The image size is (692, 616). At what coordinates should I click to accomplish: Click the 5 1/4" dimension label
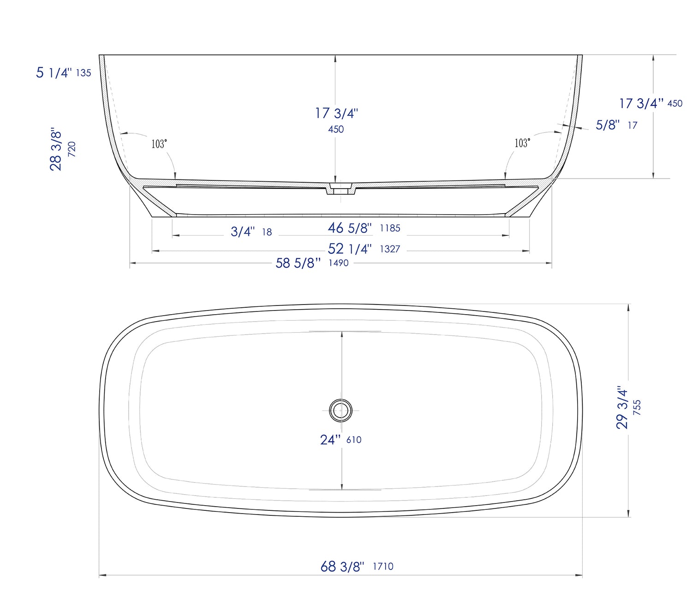[x=54, y=72]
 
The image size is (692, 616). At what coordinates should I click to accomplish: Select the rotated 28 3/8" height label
[x=55, y=149]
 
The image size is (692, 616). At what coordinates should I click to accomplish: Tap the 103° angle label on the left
[x=159, y=144]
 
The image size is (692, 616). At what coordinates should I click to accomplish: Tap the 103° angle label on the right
[x=522, y=143]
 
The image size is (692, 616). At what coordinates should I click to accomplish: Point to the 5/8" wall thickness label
[x=608, y=125]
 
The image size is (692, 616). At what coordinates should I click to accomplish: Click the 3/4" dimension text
[x=243, y=232]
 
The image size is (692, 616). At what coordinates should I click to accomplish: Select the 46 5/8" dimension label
[x=350, y=228]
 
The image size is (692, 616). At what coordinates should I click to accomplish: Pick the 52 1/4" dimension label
[x=350, y=249]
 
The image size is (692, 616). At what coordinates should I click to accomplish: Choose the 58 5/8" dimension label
[x=298, y=263]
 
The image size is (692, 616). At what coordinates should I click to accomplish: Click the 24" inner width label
[x=330, y=440]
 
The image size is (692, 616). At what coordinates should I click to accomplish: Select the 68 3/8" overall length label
[x=342, y=567]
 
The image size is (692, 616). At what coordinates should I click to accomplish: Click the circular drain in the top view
[x=341, y=410]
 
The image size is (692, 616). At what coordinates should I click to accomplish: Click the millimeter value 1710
[x=383, y=567]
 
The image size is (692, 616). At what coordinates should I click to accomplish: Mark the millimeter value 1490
[x=339, y=263]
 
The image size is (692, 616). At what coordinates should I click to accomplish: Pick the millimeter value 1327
[x=390, y=249]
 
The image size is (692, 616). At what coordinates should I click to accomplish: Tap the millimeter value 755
[x=637, y=408]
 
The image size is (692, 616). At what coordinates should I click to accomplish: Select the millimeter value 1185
[x=390, y=228]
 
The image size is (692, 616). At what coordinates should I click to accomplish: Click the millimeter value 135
[x=84, y=73]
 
